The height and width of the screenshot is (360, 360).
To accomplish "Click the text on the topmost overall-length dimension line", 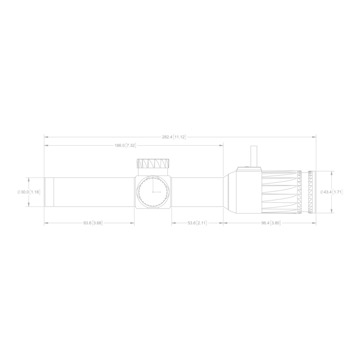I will point(173,136).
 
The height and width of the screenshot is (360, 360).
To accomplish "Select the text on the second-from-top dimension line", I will point(126,145).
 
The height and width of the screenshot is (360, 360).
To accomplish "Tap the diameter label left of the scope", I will point(29,192).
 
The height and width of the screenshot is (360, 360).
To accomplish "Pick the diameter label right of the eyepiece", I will point(331,192).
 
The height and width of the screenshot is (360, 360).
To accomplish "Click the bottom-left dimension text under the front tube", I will point(93,223).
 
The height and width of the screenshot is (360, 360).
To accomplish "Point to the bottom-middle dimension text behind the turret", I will point(197,223).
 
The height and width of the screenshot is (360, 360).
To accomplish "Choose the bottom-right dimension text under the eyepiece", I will point(270,223).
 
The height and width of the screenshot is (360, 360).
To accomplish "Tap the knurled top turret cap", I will point(152,164).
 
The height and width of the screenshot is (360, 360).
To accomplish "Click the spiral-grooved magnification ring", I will point(282,192).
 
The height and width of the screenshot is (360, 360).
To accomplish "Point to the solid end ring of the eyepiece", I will point(312,192).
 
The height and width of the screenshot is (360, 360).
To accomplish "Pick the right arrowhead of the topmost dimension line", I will point(314,136).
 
